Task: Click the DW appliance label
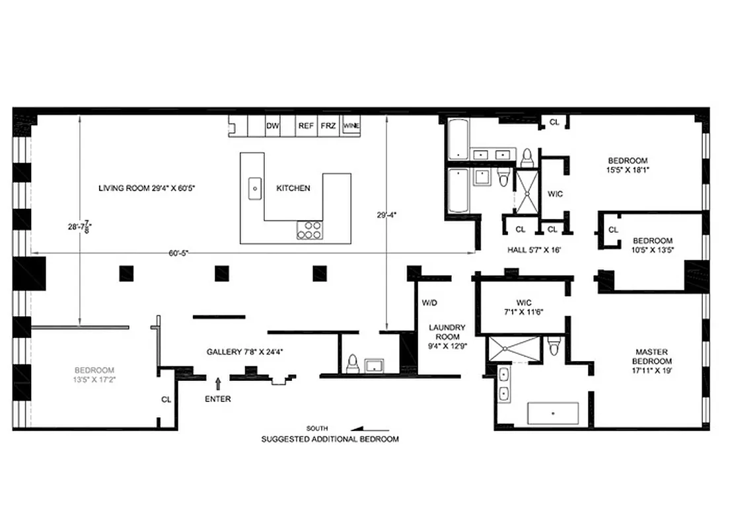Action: [x=272, y=126]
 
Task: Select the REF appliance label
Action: [x=306, y=126]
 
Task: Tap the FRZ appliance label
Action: [x=328, y=126]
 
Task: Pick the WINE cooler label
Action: [x=351, y=126]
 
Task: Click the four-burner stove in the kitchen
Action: [x=310, y=229]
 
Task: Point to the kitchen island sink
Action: [x=254, y=188]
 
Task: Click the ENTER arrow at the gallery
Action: [x=218, y=383]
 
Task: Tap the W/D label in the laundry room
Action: [x=429, y=303]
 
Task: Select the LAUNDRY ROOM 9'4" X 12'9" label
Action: [x=447, y=336]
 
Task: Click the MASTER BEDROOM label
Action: [x=653, y=361]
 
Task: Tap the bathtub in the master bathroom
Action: [x=553, y=413]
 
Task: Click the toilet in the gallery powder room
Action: [x=352, y=362]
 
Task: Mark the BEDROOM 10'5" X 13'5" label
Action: [x=652, y=245]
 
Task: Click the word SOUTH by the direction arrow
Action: [x=317, y=428]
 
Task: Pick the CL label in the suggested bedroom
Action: [x=166, y=399]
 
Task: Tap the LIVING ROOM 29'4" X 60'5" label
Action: [x=147, y=188]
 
